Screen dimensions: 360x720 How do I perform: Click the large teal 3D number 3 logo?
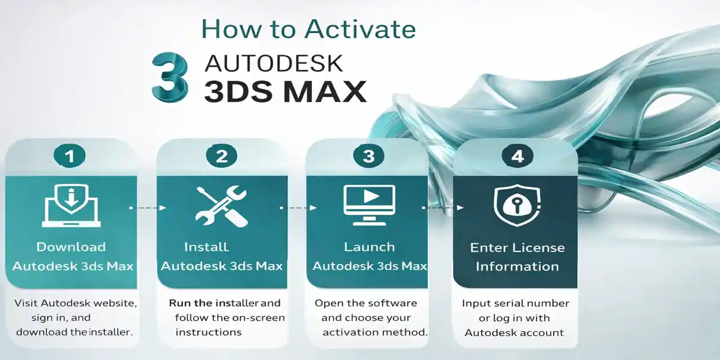[169, 76]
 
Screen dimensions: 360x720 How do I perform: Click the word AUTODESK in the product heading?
[274, 62]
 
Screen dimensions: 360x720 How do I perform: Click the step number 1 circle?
[71, 157]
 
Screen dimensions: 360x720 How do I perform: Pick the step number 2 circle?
[222, 157]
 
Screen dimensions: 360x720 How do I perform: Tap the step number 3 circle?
[369, 157]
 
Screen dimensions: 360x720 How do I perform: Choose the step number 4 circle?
[517, 157]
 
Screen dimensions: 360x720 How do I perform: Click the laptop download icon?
[71, 205]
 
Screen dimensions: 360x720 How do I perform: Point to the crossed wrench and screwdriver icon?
[222, 205]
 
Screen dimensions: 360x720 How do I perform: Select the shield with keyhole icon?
[517, 205]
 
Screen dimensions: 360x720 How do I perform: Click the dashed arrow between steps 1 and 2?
[148, 208]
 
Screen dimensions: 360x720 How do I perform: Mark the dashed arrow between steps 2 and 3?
[298, 208]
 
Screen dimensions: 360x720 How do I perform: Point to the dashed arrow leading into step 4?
[443, 208]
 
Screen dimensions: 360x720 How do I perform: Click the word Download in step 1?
[71, 247]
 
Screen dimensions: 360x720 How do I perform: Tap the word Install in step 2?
[206, 247]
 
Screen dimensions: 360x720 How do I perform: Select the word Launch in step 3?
[369, 247]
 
